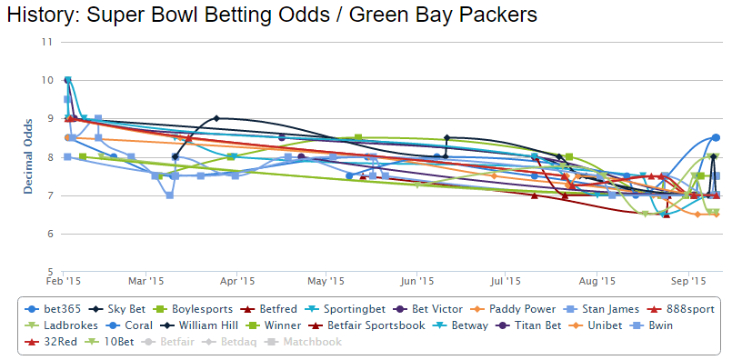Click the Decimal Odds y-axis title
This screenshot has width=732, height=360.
click(28, 155)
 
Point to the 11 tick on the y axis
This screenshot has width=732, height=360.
click(45, 42)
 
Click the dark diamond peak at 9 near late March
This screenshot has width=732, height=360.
click(216, 118)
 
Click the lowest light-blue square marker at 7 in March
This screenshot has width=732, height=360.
click(169, 195)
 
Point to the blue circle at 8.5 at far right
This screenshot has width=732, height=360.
click(717, 137)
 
